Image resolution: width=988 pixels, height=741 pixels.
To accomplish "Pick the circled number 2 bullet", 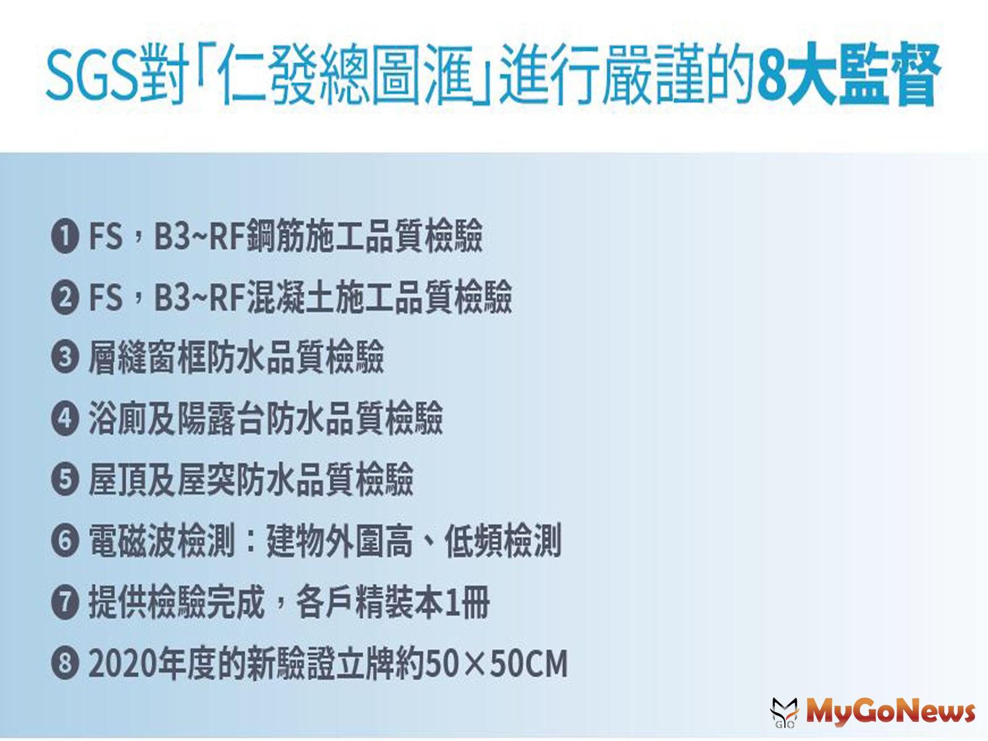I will pyautogui.click(x=65, y=298).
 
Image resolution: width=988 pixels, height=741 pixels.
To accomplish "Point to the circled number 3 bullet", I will pyautogui.click(x=65, y=359).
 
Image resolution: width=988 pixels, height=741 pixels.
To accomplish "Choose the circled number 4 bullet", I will pyautogui.click(x=65, y=419).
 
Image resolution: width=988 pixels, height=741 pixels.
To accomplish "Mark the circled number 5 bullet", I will pyautogui.click(x=65, y=480).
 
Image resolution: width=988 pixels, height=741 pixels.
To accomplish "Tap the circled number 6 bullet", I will pyautogui.click(x=65, y=542).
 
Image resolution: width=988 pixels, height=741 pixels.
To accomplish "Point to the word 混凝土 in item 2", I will pyautogui.click(x=290, y=298).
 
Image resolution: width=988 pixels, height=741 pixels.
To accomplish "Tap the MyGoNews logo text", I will pyautogui.click(x=890, y=711).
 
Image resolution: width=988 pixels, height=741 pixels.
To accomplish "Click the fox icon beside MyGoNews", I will pyautogui.click(x=784, y=712).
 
